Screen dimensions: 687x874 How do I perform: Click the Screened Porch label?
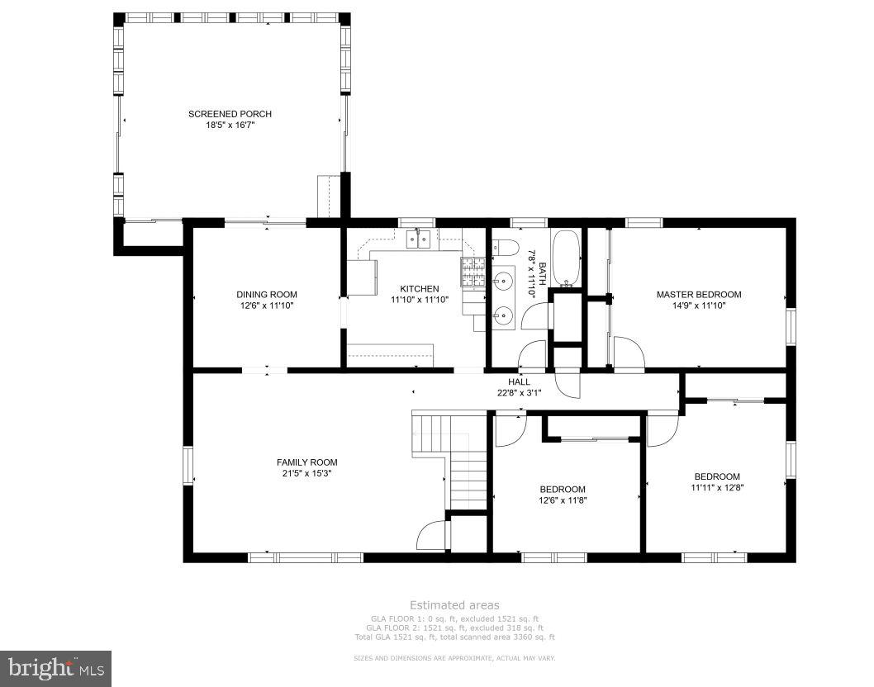[230, 114]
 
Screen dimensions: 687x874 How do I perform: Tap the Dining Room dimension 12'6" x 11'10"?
[267, 306]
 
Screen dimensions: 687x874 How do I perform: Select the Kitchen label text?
[420, 288]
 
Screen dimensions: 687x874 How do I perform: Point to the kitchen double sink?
[419, 239]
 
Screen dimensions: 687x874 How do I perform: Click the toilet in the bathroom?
[506, 248]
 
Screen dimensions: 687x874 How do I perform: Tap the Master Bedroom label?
[698, 294]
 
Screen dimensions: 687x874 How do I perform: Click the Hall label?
[520, 381]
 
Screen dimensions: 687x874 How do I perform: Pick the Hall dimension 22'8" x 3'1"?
[520, 392]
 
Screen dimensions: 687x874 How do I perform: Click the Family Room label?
[306, 462]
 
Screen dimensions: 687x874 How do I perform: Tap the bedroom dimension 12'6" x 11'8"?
[563, 500]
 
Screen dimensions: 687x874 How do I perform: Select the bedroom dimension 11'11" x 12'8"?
[716, 487]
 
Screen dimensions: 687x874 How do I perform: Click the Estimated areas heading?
[454, 605]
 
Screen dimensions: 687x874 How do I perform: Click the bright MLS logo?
[55, 667]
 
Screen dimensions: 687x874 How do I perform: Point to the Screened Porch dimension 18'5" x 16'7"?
[230, 125]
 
